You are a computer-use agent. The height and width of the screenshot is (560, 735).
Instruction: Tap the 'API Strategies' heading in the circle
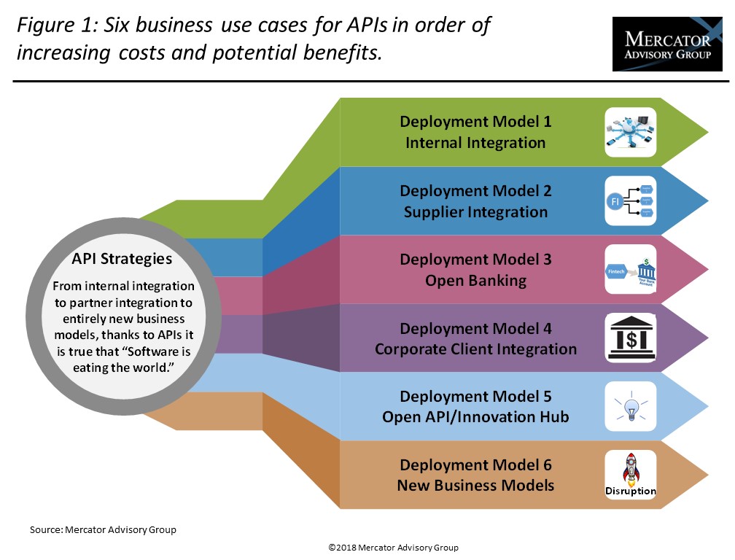122,259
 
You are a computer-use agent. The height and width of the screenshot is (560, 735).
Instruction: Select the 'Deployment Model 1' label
475,122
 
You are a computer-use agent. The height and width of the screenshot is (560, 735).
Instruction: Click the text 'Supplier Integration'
475,212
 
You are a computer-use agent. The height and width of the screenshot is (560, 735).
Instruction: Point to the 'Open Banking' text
475,281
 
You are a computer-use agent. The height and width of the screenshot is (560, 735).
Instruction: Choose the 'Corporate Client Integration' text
475,349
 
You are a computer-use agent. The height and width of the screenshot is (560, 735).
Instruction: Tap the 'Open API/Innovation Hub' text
475,418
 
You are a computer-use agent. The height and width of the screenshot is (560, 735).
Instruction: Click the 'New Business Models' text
475,486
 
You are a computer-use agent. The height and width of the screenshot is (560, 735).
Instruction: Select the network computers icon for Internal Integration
631,132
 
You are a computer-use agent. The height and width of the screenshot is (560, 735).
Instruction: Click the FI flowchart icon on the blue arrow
631,201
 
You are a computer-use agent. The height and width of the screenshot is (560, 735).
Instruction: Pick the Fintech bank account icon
631,269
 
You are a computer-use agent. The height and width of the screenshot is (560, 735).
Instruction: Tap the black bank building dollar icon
631,338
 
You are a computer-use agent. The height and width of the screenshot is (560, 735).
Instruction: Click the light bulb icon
631,406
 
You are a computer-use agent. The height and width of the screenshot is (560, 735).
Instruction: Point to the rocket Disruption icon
631,475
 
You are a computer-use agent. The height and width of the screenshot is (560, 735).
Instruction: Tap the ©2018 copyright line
393,548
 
